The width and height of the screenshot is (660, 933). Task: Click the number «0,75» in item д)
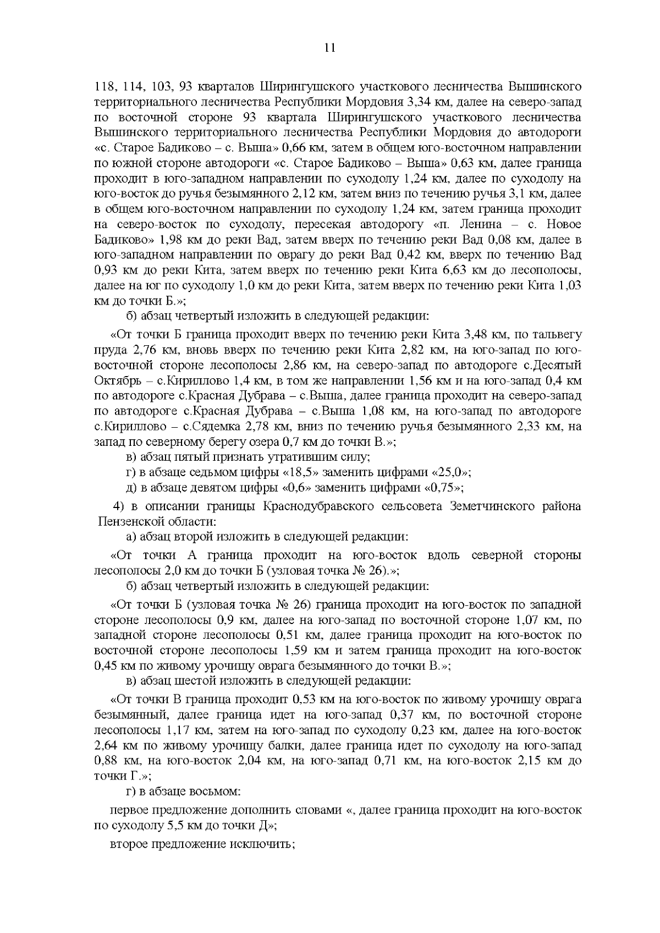(x=443, y=488)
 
